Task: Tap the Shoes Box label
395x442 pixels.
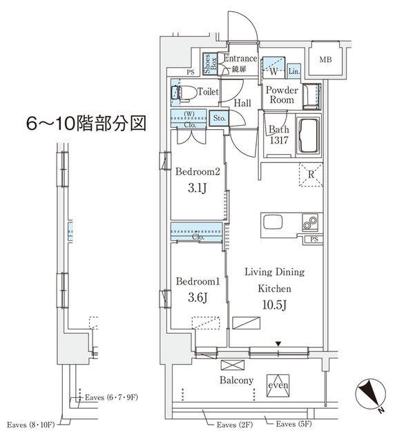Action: tap(209, 64)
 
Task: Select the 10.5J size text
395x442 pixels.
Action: tap(274, 304)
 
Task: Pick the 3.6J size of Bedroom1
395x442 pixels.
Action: tap(195, 298)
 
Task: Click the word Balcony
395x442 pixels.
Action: tap(237, 381)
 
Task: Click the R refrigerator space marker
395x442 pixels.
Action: tap(312, 174)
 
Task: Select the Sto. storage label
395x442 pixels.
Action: tap(219, 117)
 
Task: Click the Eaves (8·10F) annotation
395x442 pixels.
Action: tap(30, 423)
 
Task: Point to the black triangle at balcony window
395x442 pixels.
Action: tap(278, 343)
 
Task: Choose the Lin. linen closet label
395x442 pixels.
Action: tap(293, 71)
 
